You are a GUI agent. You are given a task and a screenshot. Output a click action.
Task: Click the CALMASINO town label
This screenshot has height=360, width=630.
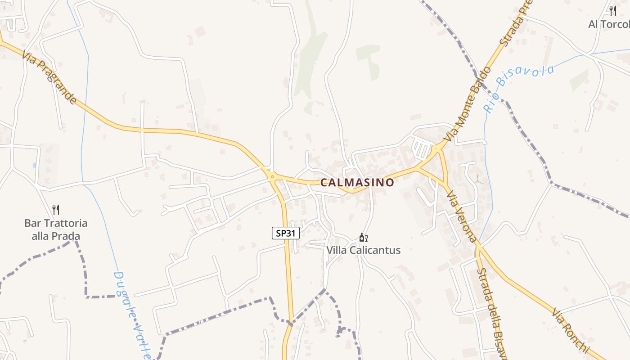tap(357, 183)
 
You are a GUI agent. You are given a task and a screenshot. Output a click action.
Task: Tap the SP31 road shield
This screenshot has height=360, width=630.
tap(286, 233)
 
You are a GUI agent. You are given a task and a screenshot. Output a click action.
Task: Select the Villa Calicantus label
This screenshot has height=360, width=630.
tap(363, 250)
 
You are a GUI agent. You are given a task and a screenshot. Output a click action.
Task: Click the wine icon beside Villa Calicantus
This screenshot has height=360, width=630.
tap(363, 238)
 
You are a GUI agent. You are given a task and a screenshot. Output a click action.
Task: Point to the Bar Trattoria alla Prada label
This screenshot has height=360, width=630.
tap(56, 229)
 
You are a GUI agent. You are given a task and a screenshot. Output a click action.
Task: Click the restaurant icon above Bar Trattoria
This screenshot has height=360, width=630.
tap(56, 209)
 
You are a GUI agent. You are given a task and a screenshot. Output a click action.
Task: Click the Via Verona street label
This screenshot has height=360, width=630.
tap(461, 216)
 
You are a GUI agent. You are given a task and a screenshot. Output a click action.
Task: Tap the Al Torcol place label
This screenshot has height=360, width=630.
tap(608, 24)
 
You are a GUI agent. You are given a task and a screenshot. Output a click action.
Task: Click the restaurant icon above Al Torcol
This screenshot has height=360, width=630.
tap(612, 11)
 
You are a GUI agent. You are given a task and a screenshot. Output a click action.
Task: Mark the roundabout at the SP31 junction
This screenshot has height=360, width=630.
tap(272, 176)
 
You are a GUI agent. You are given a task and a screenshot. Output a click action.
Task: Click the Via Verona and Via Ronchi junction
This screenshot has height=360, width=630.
tap(479, 247)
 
